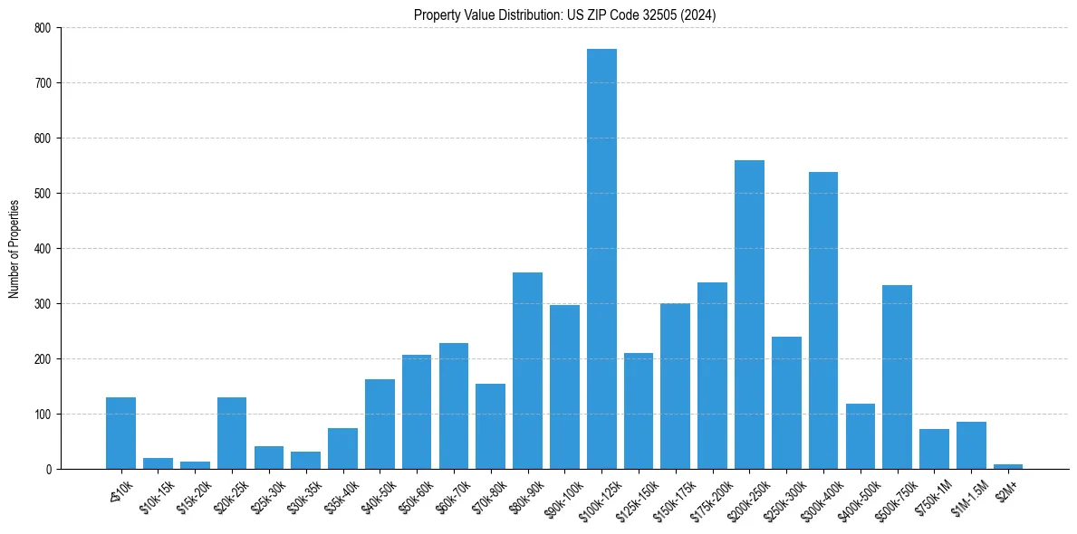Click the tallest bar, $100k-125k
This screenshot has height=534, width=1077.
point(601,262)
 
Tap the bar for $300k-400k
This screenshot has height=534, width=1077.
point(823,321)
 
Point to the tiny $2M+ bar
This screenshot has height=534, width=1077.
point(1008,466)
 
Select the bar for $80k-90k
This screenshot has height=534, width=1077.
point(527,371)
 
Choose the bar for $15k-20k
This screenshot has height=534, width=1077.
point(195,465)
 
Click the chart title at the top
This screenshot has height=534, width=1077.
point(564,15)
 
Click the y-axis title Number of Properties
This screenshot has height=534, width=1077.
point(14,249)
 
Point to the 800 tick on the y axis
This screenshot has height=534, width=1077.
point(43,28)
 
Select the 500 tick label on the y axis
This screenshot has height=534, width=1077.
point(43,194)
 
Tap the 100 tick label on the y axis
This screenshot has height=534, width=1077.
point(43,415)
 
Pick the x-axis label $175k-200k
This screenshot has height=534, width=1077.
point(708,493)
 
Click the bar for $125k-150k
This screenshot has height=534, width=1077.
point(639,412)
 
